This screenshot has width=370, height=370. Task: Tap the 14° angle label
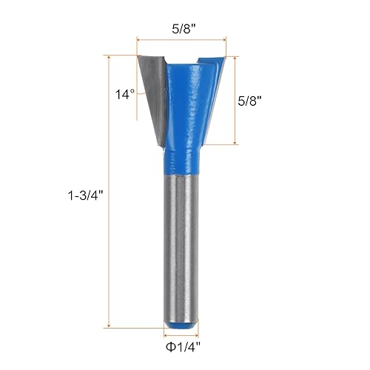pos(125,95)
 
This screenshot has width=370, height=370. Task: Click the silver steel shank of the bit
pos(181,244)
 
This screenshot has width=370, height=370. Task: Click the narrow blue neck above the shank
pos(181,159)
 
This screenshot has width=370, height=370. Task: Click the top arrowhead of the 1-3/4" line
pos(110,56)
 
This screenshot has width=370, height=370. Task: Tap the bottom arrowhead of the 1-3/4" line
pos(110,326)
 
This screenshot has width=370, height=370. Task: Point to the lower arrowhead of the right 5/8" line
pos(236,142)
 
